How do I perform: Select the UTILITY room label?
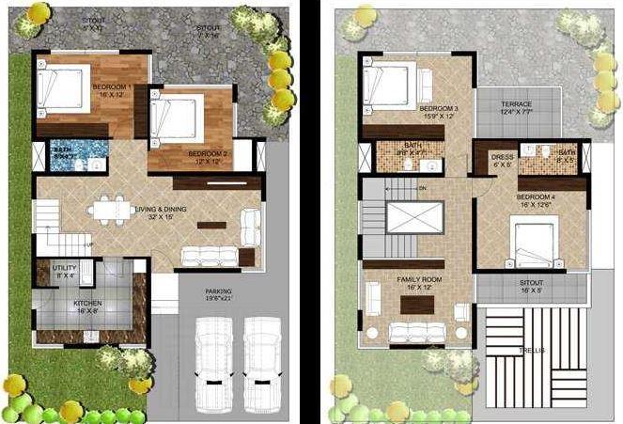[64, 272]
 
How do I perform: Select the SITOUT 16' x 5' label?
[531, 286]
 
